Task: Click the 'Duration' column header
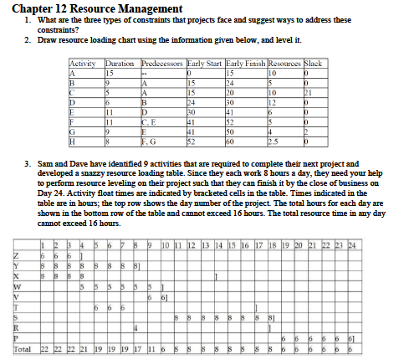[x=121, y=64]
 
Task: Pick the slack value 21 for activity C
[x=308, y=91]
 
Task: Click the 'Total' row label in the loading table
[x=23, y=348]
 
